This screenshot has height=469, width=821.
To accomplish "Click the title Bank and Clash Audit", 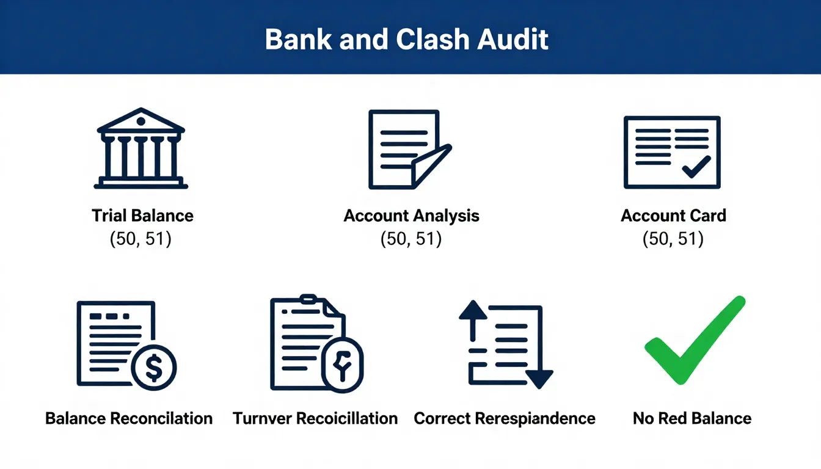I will pyautogui.click(x=407, y=39).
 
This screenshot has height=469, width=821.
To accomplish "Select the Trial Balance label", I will pyautogui.click(x=142, y=216).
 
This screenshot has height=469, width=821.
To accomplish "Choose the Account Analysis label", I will pyautogui.click(x=411, y=216).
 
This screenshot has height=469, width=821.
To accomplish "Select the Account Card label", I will pyautogui.click(x=673, y=216).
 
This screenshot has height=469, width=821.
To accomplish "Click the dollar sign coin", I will pyautogui.click(x=154, y=368).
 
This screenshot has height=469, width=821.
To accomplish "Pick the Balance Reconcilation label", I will pyautogui.click(x=129, y=419).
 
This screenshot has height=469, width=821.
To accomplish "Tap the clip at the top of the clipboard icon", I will pyautogui.click(x=308, y=299).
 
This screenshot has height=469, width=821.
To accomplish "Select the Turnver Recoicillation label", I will pyautogui.click(x=315, y=419).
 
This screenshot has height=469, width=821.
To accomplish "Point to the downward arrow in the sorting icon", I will pyautogui.click(x=539, y=379).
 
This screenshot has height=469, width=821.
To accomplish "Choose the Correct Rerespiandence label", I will pyautogui.click(x=505, y=419).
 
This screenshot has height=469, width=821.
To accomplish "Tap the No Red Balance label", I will pyautogui.click(x=692, y=419).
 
